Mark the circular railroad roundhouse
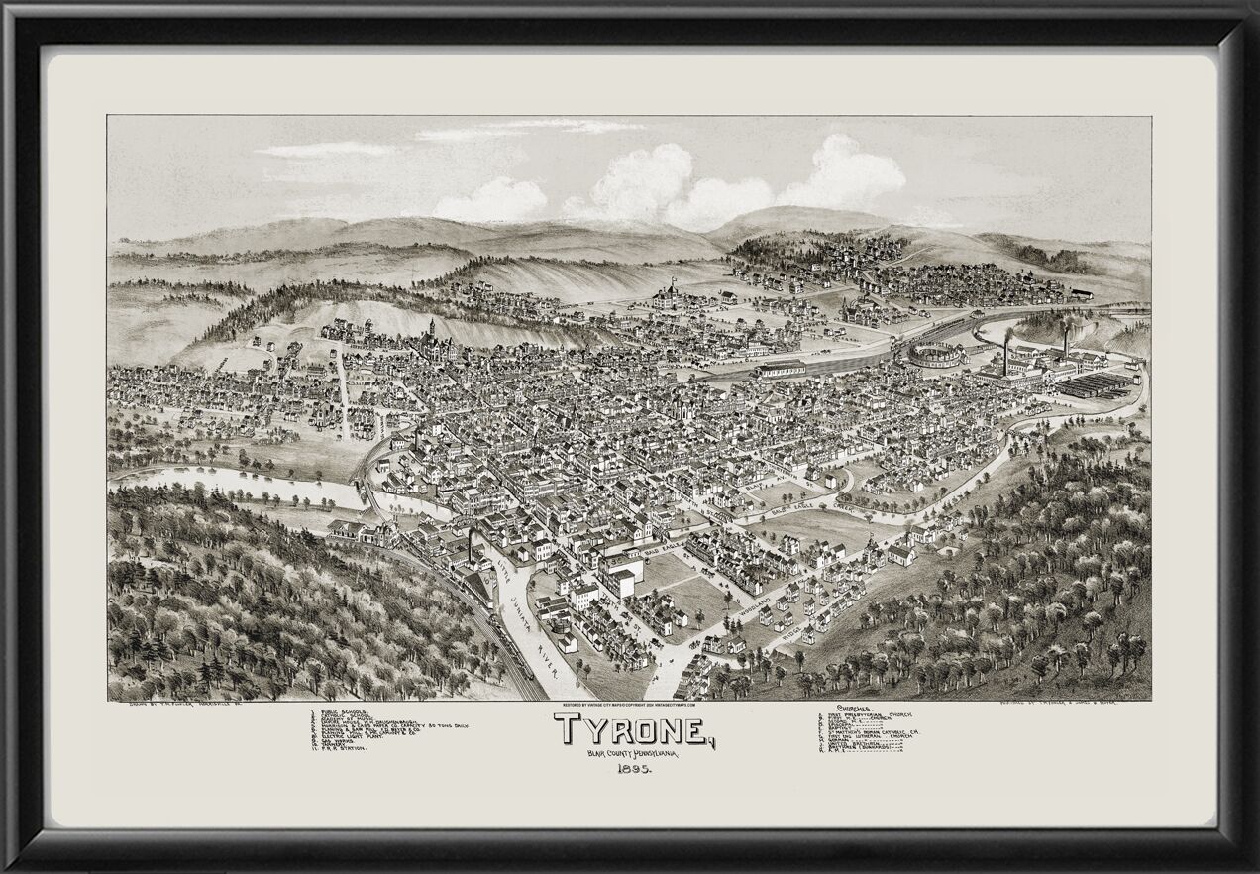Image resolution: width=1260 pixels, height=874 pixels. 934,354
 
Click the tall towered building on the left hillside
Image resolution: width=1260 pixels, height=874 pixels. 433,339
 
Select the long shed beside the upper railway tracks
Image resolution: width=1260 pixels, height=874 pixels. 783,369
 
